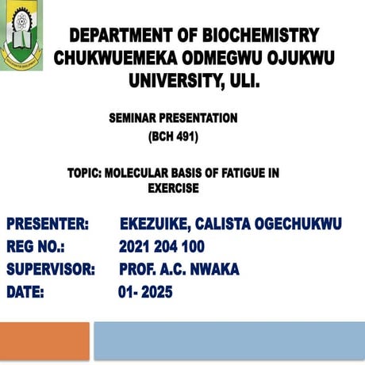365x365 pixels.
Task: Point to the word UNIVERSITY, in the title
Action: [175, 81]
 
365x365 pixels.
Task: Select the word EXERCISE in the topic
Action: [173, 189]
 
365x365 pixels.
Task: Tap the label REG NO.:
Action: [36, 247]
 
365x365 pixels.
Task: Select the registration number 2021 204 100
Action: [162, 247]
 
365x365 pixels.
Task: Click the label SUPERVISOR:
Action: [51, 270]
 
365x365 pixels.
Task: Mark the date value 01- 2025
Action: [145, 292]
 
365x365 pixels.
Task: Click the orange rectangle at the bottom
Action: [44, 340]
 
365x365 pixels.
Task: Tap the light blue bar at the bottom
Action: [229, 340]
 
